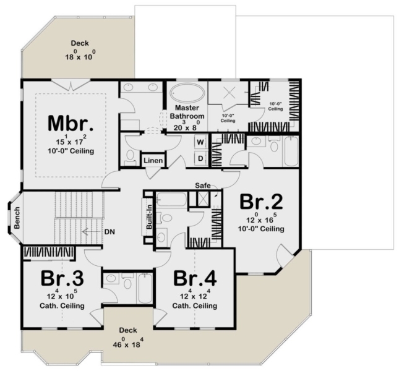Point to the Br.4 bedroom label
(194, 279)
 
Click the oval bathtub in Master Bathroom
(189, 94)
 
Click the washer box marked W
(200, 142)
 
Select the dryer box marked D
(200, 158)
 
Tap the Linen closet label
(153, 161)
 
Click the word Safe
(203, 185)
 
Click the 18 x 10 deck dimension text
(82, 57)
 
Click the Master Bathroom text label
(188, 113)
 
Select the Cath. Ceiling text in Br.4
(194, 305)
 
